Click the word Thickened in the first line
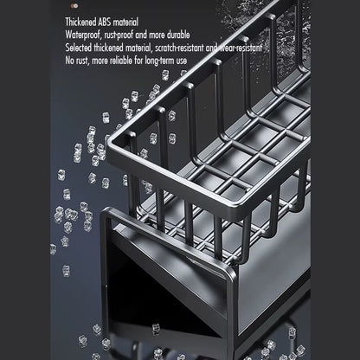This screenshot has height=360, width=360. click(80, 22)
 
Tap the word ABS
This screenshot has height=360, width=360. click(105, 22)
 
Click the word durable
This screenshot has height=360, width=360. click(178, 35)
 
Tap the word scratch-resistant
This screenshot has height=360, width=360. click(179, 48)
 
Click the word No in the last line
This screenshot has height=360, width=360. click(69, 61)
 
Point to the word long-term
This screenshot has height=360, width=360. click(160, 61)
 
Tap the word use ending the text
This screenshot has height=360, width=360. click(182, 61)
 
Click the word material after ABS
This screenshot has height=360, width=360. click(125, 22)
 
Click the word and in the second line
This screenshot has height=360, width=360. click(141, 35)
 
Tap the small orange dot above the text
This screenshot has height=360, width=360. click(76, 5)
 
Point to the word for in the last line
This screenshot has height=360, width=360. click(138, 61)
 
